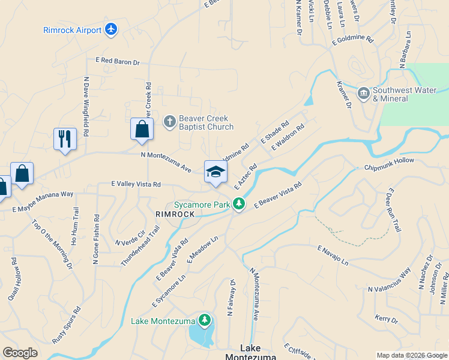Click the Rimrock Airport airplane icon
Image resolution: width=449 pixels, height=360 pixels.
110,29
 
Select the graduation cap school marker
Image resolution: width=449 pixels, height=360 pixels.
215,172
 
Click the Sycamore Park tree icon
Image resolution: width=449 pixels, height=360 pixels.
239,204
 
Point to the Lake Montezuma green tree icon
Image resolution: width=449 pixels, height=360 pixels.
205,320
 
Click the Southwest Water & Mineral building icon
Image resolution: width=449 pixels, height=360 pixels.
363,93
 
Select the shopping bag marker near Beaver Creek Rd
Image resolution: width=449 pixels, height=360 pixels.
142,129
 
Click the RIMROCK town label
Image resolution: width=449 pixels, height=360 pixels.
175,214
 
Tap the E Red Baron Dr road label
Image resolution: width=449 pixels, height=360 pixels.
117,61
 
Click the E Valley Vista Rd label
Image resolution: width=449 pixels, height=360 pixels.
136,185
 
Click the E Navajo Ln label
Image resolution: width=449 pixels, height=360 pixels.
333,255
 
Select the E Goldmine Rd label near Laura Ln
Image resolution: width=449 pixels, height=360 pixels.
352,41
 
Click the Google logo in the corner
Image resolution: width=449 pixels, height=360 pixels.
20,353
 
